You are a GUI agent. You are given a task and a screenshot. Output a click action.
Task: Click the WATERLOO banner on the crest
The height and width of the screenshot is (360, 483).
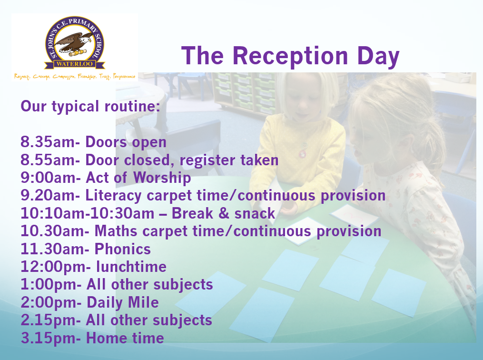(x=75, y=64)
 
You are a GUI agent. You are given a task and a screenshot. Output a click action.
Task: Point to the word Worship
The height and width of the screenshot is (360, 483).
(x=162, y=178)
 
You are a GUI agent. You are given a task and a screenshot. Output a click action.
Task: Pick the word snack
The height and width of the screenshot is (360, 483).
(x=255, y=214)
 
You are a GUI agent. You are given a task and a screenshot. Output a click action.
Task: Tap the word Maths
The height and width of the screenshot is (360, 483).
(x=116, y=231)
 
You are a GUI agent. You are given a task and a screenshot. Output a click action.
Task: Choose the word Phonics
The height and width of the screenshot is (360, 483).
(x=123, y=249)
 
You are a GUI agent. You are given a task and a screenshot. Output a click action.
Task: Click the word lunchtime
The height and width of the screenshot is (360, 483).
(x=131, y=267)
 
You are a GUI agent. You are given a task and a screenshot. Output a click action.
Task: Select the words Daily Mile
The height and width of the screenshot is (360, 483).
(x=123, y=303)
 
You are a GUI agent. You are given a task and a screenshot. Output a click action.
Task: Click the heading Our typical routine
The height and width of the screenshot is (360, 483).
(x=90, y=107)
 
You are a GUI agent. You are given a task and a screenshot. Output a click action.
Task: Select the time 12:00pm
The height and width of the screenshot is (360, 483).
(x=53, y=267)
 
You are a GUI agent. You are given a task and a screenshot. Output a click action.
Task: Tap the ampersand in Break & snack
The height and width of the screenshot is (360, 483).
(x=224, y=214)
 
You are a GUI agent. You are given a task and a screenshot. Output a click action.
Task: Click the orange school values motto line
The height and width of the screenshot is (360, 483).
(x=75, y=77)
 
